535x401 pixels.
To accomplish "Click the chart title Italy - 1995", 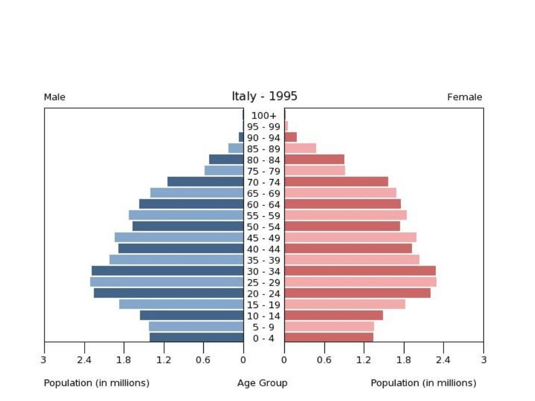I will click(264, 97).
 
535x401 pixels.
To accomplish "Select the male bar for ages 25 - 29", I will click(167, 282).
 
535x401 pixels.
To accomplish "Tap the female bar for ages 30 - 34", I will click(360, 271).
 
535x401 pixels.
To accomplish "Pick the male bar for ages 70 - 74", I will click(205, 182).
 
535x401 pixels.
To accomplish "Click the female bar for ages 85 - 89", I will click(300, 148).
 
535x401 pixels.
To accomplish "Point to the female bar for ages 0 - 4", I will click(329, 338).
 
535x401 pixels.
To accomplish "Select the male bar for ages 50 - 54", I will click(188, 226).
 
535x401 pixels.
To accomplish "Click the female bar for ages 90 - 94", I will click(290, 137).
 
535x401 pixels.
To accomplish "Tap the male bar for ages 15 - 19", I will click(181, 304).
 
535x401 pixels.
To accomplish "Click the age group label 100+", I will click(264, 115).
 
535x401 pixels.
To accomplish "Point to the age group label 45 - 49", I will click(264, 238).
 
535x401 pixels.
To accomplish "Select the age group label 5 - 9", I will click(264, 327).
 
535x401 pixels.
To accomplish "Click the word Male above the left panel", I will click(54, 97).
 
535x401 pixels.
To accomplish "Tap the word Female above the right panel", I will click(464, 97).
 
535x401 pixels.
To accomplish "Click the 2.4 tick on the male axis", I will click(84, 360).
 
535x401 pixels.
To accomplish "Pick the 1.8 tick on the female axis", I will click(403, 360).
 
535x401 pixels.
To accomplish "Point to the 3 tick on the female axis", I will click(483, 360).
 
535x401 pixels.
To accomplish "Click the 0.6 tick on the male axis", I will click(203, 360).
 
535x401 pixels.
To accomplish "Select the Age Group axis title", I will click(262, 383).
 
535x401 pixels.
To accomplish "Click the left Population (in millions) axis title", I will click(97, 383).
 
